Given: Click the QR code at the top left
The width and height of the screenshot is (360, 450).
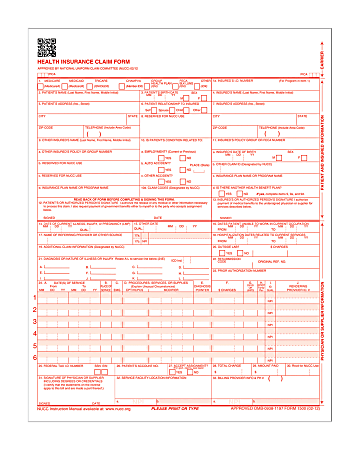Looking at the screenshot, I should (48, 46).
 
